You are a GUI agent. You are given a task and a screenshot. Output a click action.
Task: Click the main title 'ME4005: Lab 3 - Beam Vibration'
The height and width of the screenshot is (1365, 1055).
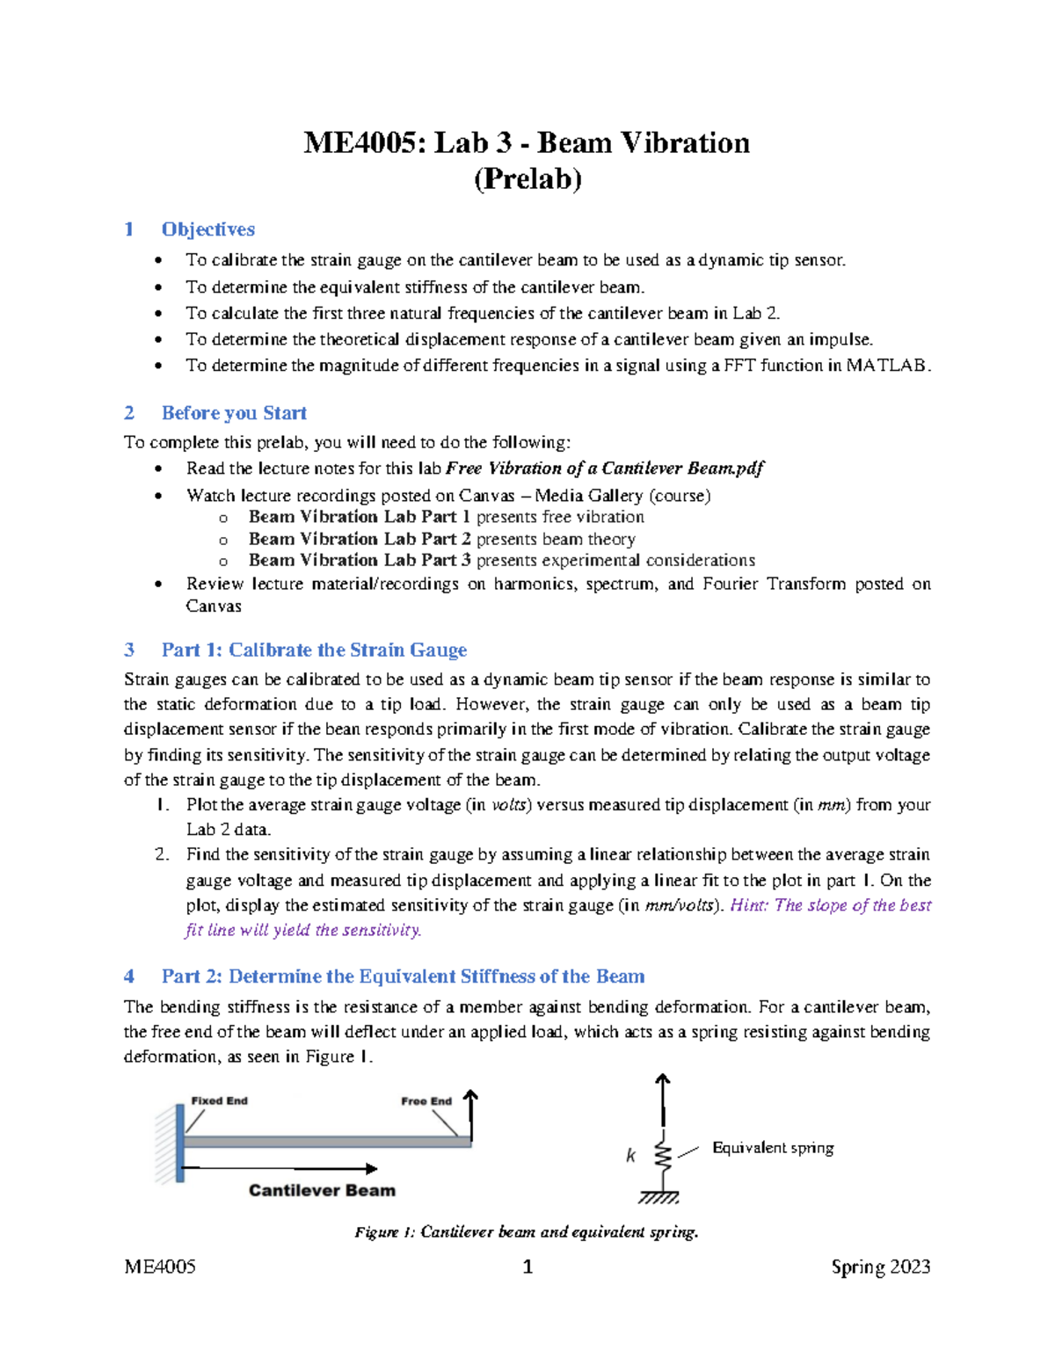(527, 142)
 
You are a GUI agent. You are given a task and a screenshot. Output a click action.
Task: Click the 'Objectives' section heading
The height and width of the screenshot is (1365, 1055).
(207, 229)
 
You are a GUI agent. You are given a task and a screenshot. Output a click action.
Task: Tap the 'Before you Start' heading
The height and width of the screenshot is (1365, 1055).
(234, 413)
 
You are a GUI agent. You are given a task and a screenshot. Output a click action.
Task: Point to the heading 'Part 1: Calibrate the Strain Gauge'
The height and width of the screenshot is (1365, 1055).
(314, 650)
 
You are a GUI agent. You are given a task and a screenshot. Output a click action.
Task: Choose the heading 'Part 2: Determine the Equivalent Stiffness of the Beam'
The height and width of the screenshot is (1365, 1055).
(403, 977)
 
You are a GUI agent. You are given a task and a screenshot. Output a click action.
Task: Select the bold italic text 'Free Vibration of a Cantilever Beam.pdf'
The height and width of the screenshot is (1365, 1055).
(605, 468)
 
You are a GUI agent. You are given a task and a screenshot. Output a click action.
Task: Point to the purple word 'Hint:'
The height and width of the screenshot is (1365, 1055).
(749, 905)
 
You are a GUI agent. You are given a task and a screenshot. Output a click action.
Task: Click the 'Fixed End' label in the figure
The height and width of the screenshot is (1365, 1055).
(219, 1100)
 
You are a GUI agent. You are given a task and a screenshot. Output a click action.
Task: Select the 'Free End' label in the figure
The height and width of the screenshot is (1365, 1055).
(426, 1101)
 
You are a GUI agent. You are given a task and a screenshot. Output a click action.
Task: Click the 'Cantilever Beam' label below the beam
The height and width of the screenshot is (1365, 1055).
(322, 1190)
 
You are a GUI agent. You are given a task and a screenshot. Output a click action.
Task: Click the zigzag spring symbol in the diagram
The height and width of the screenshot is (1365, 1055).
(664, 1157)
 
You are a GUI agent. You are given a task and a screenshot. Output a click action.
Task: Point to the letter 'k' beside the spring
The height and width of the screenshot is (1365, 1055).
(630, 1156)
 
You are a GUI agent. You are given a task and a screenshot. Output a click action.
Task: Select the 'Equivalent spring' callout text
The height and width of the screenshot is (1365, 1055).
(773, 1148)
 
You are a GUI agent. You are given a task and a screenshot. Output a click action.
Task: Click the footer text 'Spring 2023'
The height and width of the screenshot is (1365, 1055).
(880, 1267)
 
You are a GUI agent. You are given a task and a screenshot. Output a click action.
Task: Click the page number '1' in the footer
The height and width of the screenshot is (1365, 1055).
(527, 1267)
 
